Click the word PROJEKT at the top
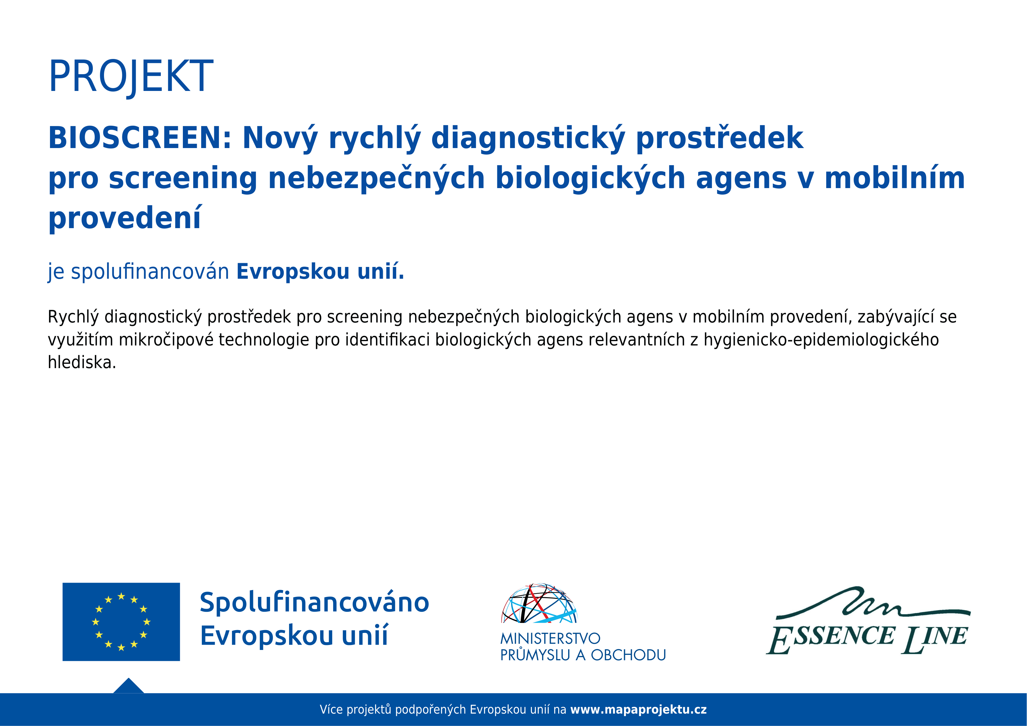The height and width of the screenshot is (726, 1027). point(131,76)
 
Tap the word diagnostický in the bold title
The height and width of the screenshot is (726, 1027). point(528,138)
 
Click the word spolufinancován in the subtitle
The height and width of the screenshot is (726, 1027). point(150,272)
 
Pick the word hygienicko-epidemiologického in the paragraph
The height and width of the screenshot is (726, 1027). point(821,340)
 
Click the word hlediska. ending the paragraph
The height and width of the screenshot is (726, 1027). point(82,362)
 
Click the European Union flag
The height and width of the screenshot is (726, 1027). point(121,622)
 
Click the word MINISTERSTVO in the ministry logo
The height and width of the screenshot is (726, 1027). point(550,638)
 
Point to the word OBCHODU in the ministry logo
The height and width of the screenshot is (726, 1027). point(628,655)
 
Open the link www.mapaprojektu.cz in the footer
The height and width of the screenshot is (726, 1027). point(638,710)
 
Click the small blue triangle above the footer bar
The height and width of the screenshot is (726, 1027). point(129,687)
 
